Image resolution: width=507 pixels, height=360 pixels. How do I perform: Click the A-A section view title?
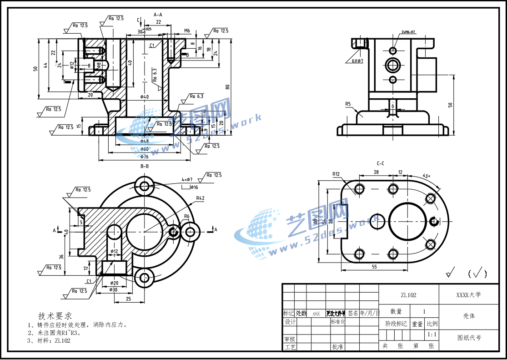pos(158,15)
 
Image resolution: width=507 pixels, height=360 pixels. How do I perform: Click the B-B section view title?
pos(145,166)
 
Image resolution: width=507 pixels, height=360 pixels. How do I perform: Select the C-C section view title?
pos(381,163)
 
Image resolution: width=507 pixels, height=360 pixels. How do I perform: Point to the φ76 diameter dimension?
pos(145,157)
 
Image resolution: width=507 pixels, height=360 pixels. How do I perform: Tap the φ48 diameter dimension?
pos(145,141)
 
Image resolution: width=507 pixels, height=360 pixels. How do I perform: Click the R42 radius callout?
pos(201,198)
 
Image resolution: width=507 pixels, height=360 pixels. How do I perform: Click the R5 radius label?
pos(348,104)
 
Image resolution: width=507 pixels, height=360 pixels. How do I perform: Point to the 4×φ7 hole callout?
pos(187,179)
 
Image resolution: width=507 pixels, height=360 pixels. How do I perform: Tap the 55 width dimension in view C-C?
pos(374,266)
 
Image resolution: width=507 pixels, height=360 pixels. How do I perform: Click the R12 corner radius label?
pos(336,174)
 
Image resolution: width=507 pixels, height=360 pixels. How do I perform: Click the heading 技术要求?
pos(55,315)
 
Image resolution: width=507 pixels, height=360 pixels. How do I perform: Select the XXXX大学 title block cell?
pos(468,295)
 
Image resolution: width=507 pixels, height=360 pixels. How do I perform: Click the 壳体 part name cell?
pos(468,315)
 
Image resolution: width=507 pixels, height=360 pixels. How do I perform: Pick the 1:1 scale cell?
pos(432,335)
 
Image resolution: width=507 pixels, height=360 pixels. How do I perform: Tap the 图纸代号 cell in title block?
pos(468,338)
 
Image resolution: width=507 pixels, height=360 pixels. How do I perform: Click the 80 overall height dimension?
pos(227,87)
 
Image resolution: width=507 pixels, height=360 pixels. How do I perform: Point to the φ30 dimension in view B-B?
pos(114,290)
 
